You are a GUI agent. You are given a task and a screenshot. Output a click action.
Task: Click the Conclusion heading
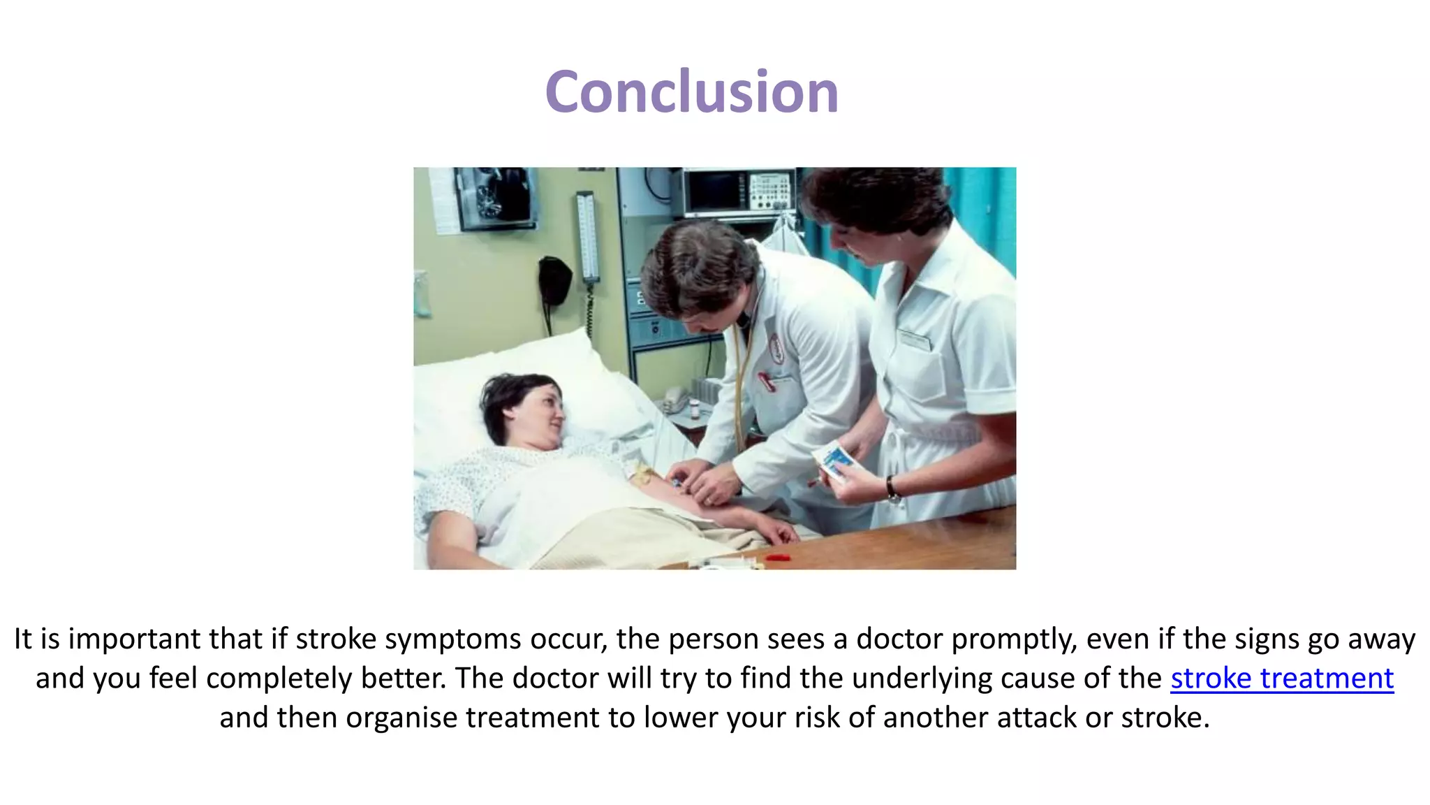coord(691,92)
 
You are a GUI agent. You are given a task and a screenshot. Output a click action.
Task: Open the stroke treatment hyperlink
coord(1282,679)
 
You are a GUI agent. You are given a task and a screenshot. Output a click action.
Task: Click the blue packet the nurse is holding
coord(834,460)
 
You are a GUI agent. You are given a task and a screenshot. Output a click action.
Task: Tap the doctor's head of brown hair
coord(698,266)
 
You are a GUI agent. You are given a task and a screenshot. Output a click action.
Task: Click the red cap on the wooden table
coord(777,557)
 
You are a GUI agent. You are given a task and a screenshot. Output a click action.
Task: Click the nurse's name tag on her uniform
coord(914,340)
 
